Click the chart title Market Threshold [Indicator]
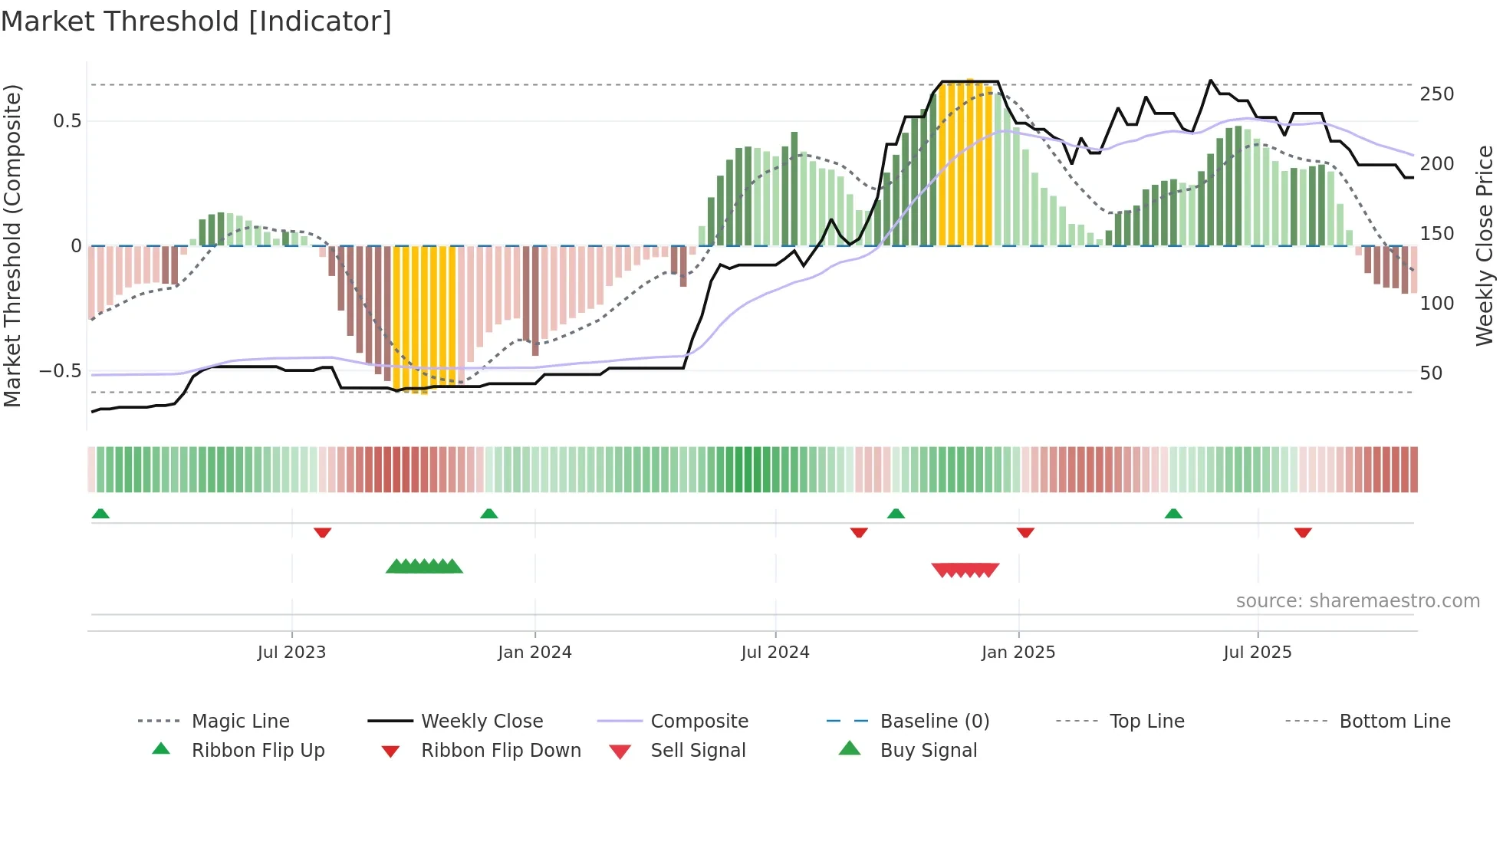point(196,21)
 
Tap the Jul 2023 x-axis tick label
point(291,653)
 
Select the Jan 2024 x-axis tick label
point(534,653)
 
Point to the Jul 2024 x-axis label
point(775,653)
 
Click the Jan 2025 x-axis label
point(1018,653)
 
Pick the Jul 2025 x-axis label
point(1258,653)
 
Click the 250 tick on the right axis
point(1436,94)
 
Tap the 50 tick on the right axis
point(1431,373)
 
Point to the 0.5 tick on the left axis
point(67,121)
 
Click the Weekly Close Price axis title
point(1485,245)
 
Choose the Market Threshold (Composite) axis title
point(12,245)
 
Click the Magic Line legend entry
point(240,722)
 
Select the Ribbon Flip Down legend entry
point(501,751)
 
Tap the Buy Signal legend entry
point(928,751)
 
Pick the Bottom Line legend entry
point(1394,722)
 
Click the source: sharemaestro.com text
point(1357,601)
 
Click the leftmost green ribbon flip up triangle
point(100,514)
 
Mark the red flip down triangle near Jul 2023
point(322,532)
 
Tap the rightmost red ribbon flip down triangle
point(1303,532)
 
